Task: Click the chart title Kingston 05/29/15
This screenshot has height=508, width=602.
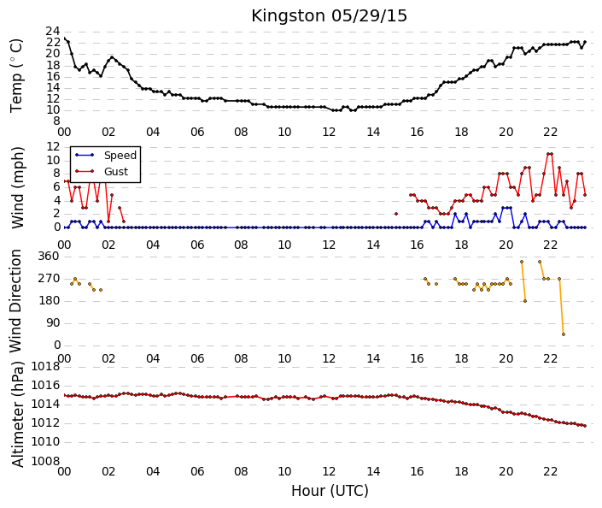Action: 329,16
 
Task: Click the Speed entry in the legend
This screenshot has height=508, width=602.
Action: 120,156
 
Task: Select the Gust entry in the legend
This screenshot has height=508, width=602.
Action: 116,172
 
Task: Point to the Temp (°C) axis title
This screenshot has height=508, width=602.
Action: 16,76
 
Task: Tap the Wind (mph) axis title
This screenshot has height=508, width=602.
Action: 17,187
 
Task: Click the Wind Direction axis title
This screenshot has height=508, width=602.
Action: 15,301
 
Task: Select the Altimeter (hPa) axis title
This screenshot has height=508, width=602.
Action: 17,414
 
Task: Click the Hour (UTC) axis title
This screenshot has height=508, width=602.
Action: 330,491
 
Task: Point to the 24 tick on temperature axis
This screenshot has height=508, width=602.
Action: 53,31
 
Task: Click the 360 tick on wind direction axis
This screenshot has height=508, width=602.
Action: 49,257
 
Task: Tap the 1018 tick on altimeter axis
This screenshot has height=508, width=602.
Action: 46,367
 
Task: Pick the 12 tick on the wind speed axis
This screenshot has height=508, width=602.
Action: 53,146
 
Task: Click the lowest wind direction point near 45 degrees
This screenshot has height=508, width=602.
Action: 564,334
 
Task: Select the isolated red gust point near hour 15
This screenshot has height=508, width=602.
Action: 396,214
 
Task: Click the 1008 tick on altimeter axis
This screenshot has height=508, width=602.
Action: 46,461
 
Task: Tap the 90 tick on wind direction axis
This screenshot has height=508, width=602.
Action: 53,323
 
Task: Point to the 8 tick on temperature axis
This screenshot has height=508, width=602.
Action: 56,121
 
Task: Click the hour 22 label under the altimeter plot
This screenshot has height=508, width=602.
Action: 550,471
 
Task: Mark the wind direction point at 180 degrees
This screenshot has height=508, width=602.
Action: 525,301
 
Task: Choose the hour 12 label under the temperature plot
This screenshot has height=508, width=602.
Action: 329,133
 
